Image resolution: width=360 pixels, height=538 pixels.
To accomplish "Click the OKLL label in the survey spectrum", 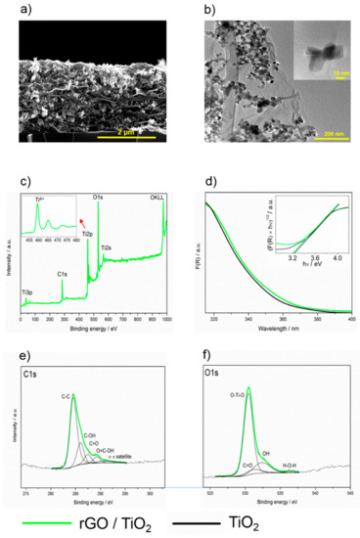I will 157,200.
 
